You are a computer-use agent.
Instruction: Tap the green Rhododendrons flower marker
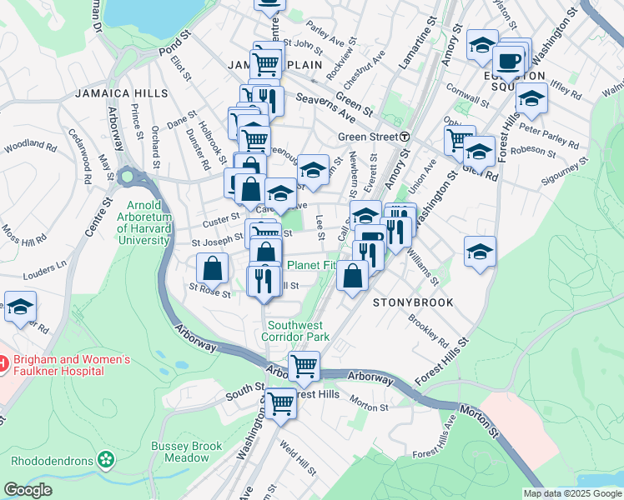[105, 459]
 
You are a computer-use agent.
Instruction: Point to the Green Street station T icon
[404, 137]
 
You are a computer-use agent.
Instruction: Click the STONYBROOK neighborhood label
[413, 302]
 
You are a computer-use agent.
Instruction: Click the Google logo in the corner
[28, 490]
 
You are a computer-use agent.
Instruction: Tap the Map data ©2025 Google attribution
[571, 493]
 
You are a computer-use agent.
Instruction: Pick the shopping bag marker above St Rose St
[213, 267]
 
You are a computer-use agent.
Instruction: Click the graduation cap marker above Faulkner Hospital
[20, 306]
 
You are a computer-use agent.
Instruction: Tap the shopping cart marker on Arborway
[304, 365]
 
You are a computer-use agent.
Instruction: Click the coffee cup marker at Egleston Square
[508, 60]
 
